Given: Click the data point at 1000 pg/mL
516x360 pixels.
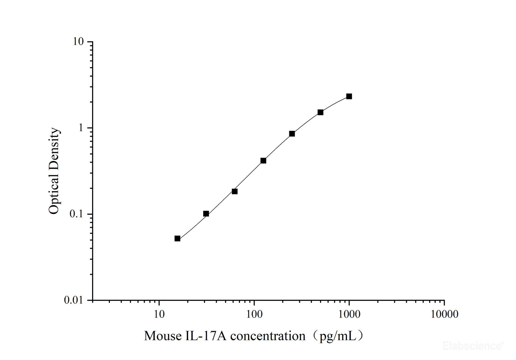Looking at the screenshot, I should pyautogui.click(x=349, y=96).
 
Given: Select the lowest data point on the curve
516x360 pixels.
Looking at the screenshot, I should pyautogui.click(x=177, y=238).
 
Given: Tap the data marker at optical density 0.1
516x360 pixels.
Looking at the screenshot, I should pyautogui.click(x=206, y=214).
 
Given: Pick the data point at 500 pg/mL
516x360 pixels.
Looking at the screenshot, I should pyautogui.click(x=320, y=112).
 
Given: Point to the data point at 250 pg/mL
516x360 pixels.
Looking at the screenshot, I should pyautogui.click(x=292, y=134).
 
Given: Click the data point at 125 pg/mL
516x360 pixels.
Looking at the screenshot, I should pyautogui.click(x=263, y=161).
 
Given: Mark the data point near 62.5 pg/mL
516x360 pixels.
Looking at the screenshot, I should pyautogui.click(x=235, y=191).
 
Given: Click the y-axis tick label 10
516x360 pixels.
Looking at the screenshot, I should pyautogui.click(x=78, y=42).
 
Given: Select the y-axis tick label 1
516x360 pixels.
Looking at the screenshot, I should pyautogui.click(x=81, y=128).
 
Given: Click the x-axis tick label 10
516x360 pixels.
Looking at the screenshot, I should pyautogui.click(x=159, y=314).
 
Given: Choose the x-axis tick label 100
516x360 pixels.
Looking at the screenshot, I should pyautogui.click(x=254, y=314).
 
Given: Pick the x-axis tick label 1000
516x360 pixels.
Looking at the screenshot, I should pyautogui.click(x=349, y=314).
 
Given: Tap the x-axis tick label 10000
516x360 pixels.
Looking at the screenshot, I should pyautogui.click(x=444, y=314).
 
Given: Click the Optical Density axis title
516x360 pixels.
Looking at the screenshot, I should pyautogui.click(x=54, y=171).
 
